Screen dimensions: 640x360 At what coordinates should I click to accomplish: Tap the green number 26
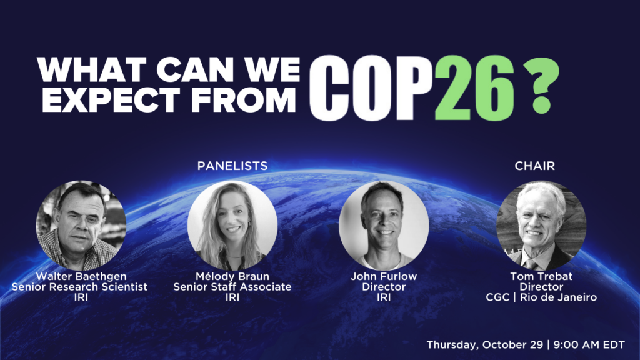(x=474, y=87)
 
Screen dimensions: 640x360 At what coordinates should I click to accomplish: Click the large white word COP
(x=371, y=87)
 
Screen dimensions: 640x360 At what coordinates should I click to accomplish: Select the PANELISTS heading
(x=232, y=166)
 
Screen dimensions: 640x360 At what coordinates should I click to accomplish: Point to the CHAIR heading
(x=535, y=166)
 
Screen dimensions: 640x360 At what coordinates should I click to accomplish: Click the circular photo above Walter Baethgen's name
(x=81, y=225)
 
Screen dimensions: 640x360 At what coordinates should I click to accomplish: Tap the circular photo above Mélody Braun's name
(x=232, y=225)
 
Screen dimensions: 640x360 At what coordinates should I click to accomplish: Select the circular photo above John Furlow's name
(x=384, y=225)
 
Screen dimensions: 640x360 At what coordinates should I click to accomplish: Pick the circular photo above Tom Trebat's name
(x=541, y=225)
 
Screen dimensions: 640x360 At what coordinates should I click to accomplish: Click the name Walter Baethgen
(x=81, y=276)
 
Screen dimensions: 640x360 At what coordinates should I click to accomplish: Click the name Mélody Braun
(x=232, y=276)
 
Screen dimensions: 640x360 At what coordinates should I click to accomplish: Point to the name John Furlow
(x=384, y=276)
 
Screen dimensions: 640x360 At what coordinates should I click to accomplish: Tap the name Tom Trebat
(x=541, y=276)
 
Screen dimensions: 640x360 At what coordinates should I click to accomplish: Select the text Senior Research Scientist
(x=79, y=287)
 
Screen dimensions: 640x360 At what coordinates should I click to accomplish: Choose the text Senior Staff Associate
(x=232, y=287)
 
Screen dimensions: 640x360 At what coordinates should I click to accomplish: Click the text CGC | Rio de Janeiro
(x=541, y=297)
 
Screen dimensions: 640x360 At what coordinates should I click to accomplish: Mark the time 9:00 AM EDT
(x=589, y=345)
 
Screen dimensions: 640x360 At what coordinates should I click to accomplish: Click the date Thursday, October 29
(x=485, y=345)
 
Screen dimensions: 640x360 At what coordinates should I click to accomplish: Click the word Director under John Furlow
(x=384, y=287)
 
